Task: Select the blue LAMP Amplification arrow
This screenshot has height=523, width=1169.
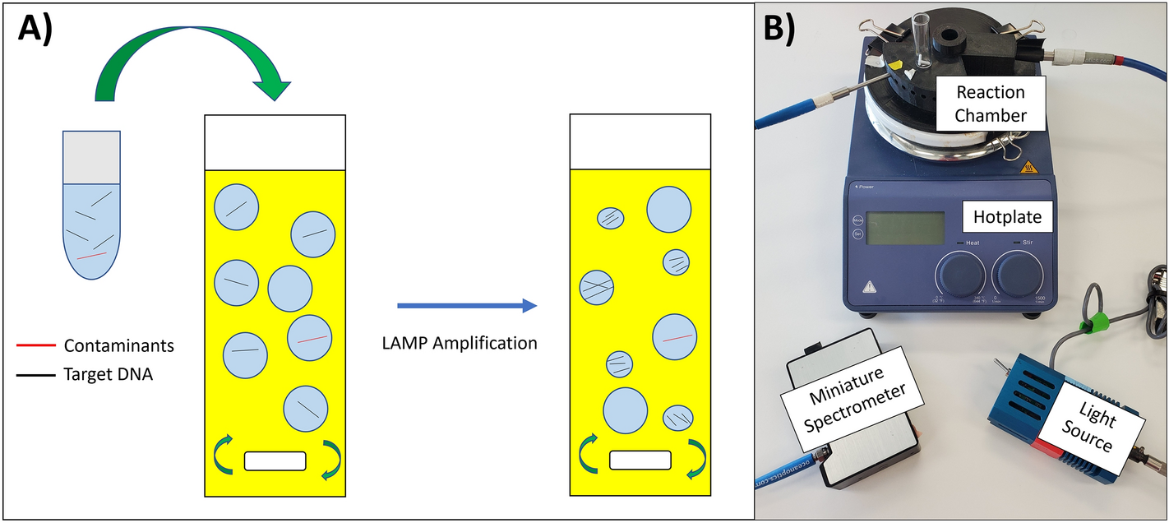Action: pos(466,306)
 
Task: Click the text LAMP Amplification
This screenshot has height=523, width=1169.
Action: pos(460,342)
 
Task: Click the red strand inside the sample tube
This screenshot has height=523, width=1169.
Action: pos(92,256)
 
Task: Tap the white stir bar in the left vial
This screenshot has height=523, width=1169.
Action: pos(275,461)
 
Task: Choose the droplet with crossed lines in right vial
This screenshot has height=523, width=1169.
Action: pos(598,288)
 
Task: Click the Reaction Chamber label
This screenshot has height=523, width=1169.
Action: pos(990,103)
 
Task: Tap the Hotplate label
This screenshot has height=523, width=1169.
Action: pos(1007,217)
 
